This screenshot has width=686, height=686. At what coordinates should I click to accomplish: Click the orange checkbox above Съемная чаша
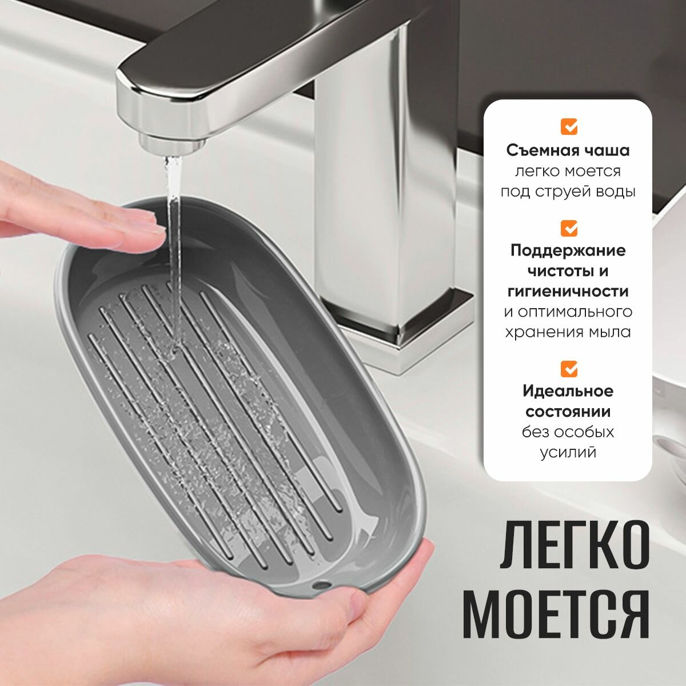click(569, 126)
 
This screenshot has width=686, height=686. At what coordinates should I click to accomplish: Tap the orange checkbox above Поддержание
click(569, 228)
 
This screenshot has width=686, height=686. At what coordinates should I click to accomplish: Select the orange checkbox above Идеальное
click(569, 369)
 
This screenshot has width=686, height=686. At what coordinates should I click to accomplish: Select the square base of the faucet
click(406, 331)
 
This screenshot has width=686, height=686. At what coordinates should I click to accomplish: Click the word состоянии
click(568, 412)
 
